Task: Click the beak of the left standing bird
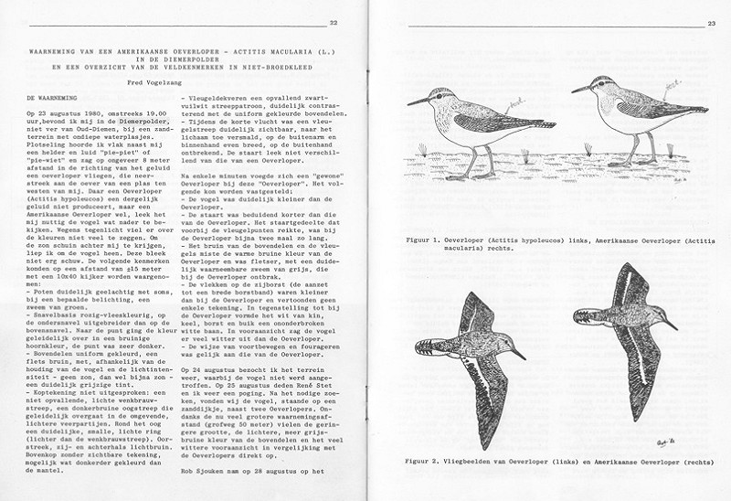coord(416,101)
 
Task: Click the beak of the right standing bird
coord(579,89)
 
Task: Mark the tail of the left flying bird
coord(420,348)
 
